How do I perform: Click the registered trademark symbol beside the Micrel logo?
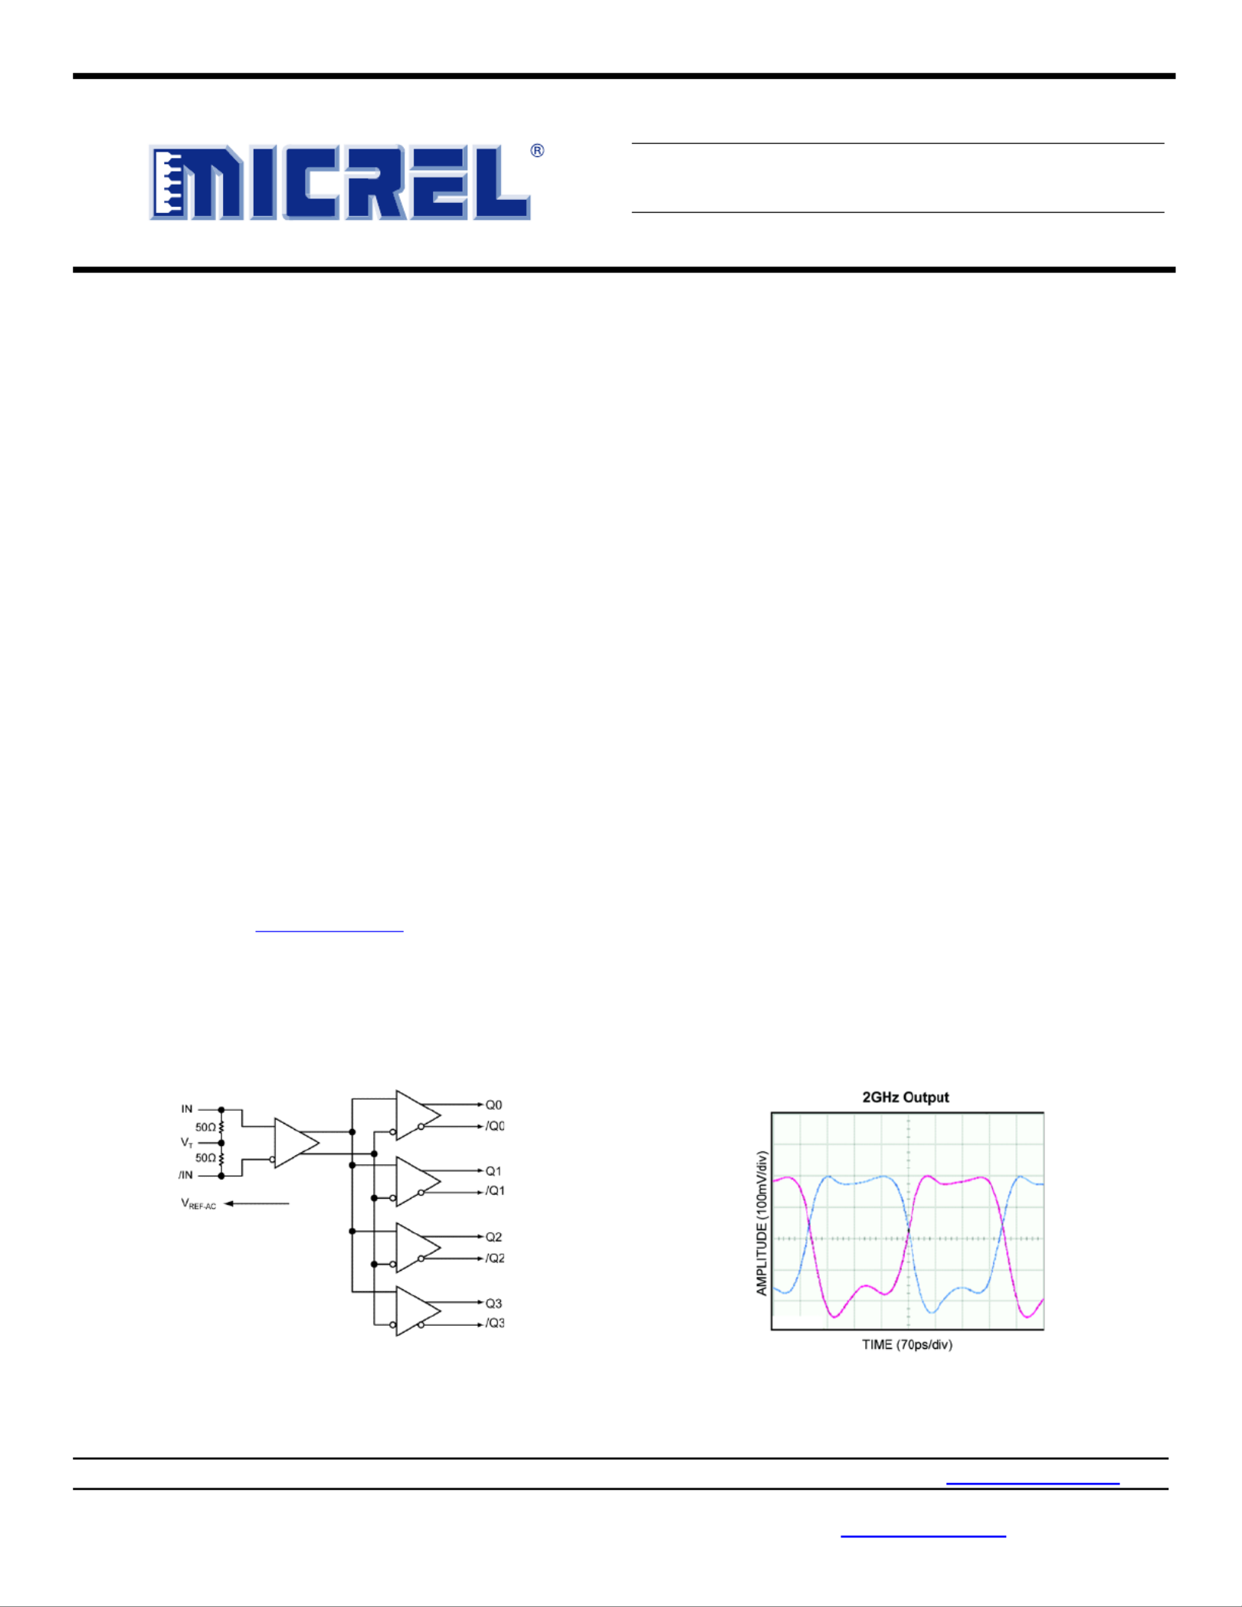tap(537, 151)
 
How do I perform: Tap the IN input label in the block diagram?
tap(187, 1108)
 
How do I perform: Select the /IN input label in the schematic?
tap(185, 1175)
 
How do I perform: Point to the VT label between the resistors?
tap(187, 1142)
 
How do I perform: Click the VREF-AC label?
tap(198, 1204)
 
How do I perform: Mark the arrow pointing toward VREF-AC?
tap(257, 1203)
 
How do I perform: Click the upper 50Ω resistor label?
tap(205, 1128)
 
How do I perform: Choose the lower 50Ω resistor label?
tap(205, 1158)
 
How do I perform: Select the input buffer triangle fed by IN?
tap(295, 1143)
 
